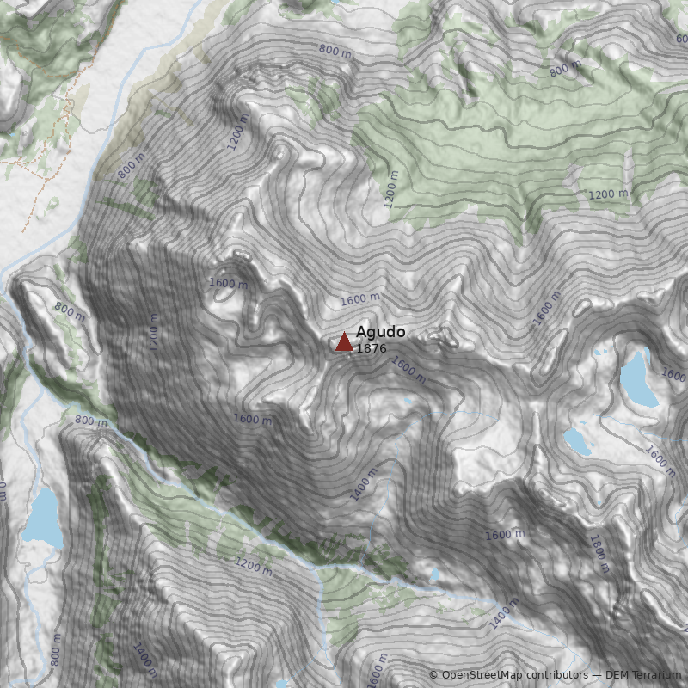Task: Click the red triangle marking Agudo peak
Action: click(x=344, y=342)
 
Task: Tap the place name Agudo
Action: click(x=380, y=332)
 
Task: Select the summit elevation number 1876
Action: click(x=372, y=348)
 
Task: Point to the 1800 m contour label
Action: click(x=599, y=555)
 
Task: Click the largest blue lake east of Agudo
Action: click(x=638, y=378)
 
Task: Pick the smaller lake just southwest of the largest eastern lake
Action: click(x=577, y=442)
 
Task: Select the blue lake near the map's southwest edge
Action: click(x=43, y=519)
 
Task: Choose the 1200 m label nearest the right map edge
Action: click(x=609, y=194)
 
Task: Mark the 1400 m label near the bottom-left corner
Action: click(x=144, y=659)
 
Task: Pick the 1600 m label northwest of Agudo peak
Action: click(x=228, y=283)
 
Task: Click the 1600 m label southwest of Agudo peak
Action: click(x=252, y=419)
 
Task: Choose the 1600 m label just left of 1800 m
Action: click(x=504, y=534)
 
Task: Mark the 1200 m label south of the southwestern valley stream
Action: click(x=253, y=566)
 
